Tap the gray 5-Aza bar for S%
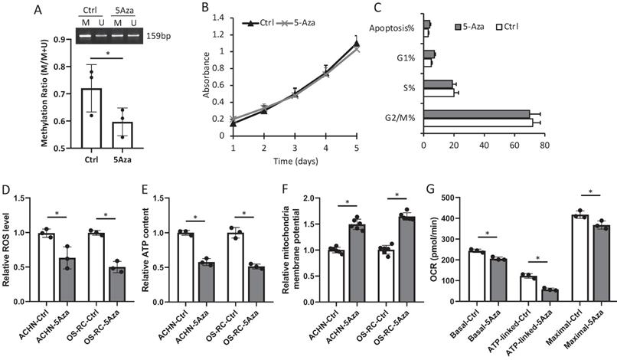(438, 83)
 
